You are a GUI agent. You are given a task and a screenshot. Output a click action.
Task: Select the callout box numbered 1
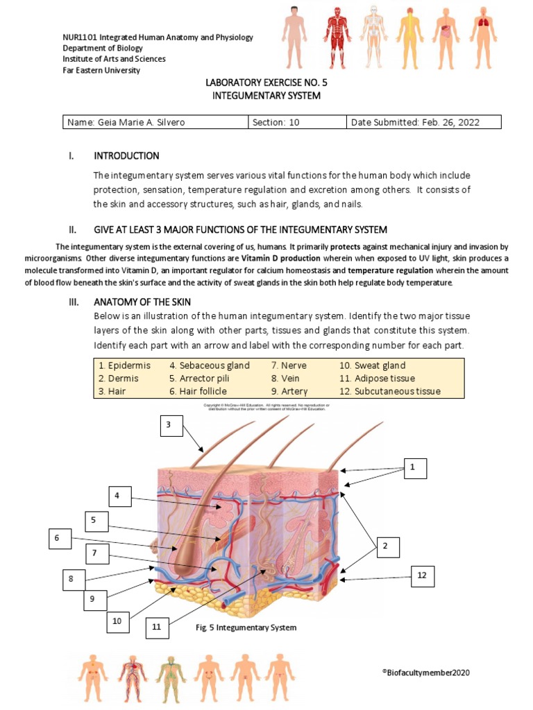tap(412, 468)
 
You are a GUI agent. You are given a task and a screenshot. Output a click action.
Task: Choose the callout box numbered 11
tap(157, 627)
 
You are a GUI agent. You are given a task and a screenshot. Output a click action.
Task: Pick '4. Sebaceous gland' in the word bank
tap(209, 365)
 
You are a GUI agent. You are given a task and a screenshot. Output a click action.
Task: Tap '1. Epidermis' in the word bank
tap(124, 365)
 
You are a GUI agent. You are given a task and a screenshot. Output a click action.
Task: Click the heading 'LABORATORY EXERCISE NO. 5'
tap(266, 83)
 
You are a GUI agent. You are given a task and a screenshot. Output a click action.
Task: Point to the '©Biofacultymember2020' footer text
tap(430, 672)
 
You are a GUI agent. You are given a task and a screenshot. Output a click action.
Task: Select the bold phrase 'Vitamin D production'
tap(282, 258)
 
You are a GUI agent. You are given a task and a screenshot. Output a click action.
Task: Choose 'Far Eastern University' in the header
tap(101, 70)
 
